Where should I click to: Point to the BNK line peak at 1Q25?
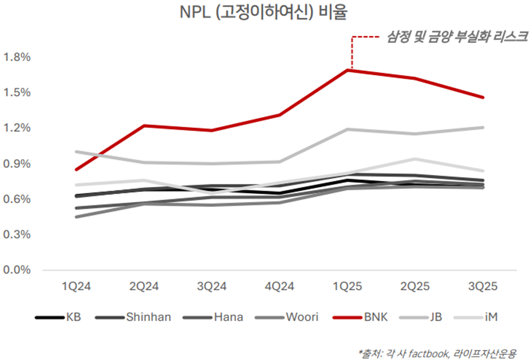point(351,70)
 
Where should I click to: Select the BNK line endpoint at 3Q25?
point(483,97)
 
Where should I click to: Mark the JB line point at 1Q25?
point(351,129)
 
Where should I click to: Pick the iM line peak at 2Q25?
point(417,159)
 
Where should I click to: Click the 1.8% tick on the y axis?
point(16,57)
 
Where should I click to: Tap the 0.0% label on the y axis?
point(16,270)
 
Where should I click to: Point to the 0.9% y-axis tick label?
point(16,164)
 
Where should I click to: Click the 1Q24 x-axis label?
point(76,287)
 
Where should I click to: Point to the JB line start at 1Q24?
point(76,152)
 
